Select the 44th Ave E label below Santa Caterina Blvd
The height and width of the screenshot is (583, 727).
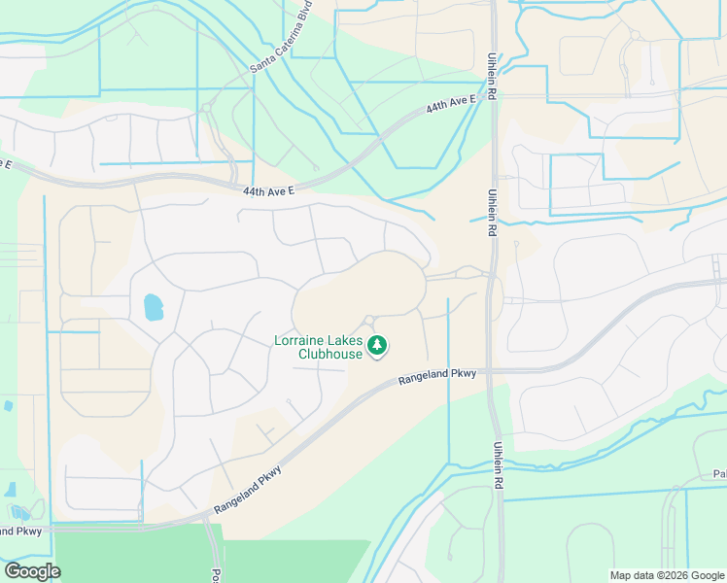pos(268,192)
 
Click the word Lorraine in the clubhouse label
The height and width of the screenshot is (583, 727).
pos(303,341)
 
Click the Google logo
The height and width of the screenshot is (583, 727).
pos(32,571)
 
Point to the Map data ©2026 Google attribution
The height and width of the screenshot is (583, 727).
pos(666,575)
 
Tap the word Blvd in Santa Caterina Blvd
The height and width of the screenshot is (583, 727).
pos(307,22)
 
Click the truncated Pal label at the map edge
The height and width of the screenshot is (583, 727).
pos(718,475)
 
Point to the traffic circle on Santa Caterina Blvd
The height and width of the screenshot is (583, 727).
pos(207,107)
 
